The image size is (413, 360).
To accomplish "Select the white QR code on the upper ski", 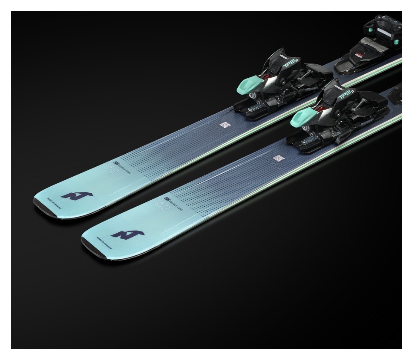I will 224,125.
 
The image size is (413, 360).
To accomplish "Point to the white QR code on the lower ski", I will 278,158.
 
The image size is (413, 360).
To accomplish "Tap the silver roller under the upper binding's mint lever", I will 253,96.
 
